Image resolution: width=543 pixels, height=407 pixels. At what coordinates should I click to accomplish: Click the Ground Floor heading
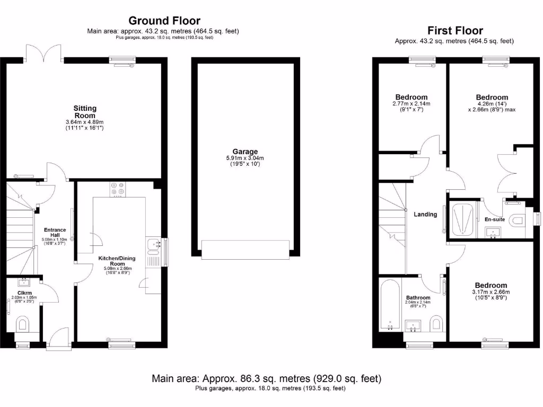click(x=164, y=21)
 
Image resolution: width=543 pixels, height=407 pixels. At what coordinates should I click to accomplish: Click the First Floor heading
click(x=455, y=30)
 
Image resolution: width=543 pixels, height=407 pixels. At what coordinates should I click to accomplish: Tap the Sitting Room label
click(x=85, y=112)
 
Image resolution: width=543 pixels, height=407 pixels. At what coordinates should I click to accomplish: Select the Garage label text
click(x=245, y=152)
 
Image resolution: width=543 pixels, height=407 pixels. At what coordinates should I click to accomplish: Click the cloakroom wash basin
click(x=24, y=282)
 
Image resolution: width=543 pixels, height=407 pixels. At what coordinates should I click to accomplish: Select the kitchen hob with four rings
click(x=117, y=189)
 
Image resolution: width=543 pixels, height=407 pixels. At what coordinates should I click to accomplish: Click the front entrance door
click(x=57, y=339)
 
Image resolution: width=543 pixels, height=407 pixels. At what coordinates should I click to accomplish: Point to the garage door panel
click(x=245, y=249)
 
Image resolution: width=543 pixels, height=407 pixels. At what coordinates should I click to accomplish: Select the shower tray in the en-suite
click(x=463, y=219)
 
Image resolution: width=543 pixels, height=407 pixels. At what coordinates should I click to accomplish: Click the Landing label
click(x=425, y=215)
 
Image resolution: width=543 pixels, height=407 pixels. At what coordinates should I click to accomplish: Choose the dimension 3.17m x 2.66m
click(x=491, y=291)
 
